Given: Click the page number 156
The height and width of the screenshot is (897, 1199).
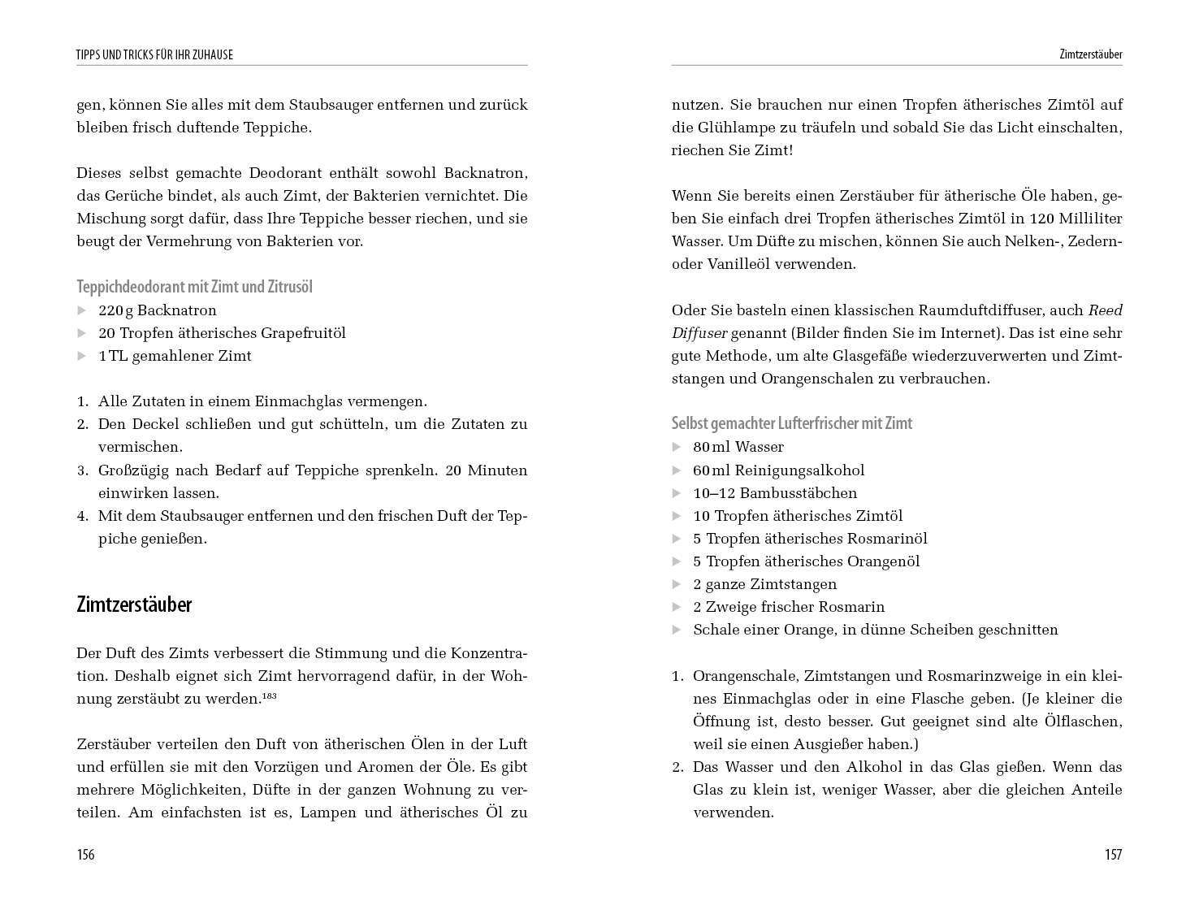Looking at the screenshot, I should tap(85, 854).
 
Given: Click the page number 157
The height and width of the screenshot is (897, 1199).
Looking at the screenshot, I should tap(1113, 854).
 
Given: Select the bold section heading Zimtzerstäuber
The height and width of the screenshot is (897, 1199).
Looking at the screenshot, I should tap(134, 604).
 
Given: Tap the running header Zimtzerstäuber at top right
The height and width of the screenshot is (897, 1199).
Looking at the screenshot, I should tap(1090, 54).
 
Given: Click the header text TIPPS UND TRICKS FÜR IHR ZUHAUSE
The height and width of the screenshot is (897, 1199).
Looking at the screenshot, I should tap(154, 54).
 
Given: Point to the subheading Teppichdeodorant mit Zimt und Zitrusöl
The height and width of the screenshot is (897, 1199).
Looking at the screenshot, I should tap(194, 287).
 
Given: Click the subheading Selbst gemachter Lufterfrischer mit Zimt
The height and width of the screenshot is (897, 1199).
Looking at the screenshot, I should tap(791, 423).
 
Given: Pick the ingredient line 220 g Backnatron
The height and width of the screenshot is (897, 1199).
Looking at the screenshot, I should tap(158, 310).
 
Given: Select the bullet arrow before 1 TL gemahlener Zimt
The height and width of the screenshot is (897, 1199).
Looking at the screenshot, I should tap(81, 356).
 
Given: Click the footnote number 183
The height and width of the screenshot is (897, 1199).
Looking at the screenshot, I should tap(270, 695).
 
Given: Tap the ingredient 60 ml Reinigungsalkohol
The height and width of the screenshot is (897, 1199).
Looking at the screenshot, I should tap(778, 470).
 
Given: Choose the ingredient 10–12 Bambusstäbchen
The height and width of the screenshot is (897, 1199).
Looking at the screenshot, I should tap(774, 493).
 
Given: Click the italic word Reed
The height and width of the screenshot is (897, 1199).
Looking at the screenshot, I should tap(1105, 310).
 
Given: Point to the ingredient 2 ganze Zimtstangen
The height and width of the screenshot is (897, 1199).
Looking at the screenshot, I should tap(764, 584).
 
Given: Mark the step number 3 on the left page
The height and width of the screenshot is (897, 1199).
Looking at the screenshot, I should tap(82, 470).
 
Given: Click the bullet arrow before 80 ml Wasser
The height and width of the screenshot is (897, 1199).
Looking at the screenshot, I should tap(677, 447).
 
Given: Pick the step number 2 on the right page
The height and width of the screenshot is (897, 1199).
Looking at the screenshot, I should tap(677, 767).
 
